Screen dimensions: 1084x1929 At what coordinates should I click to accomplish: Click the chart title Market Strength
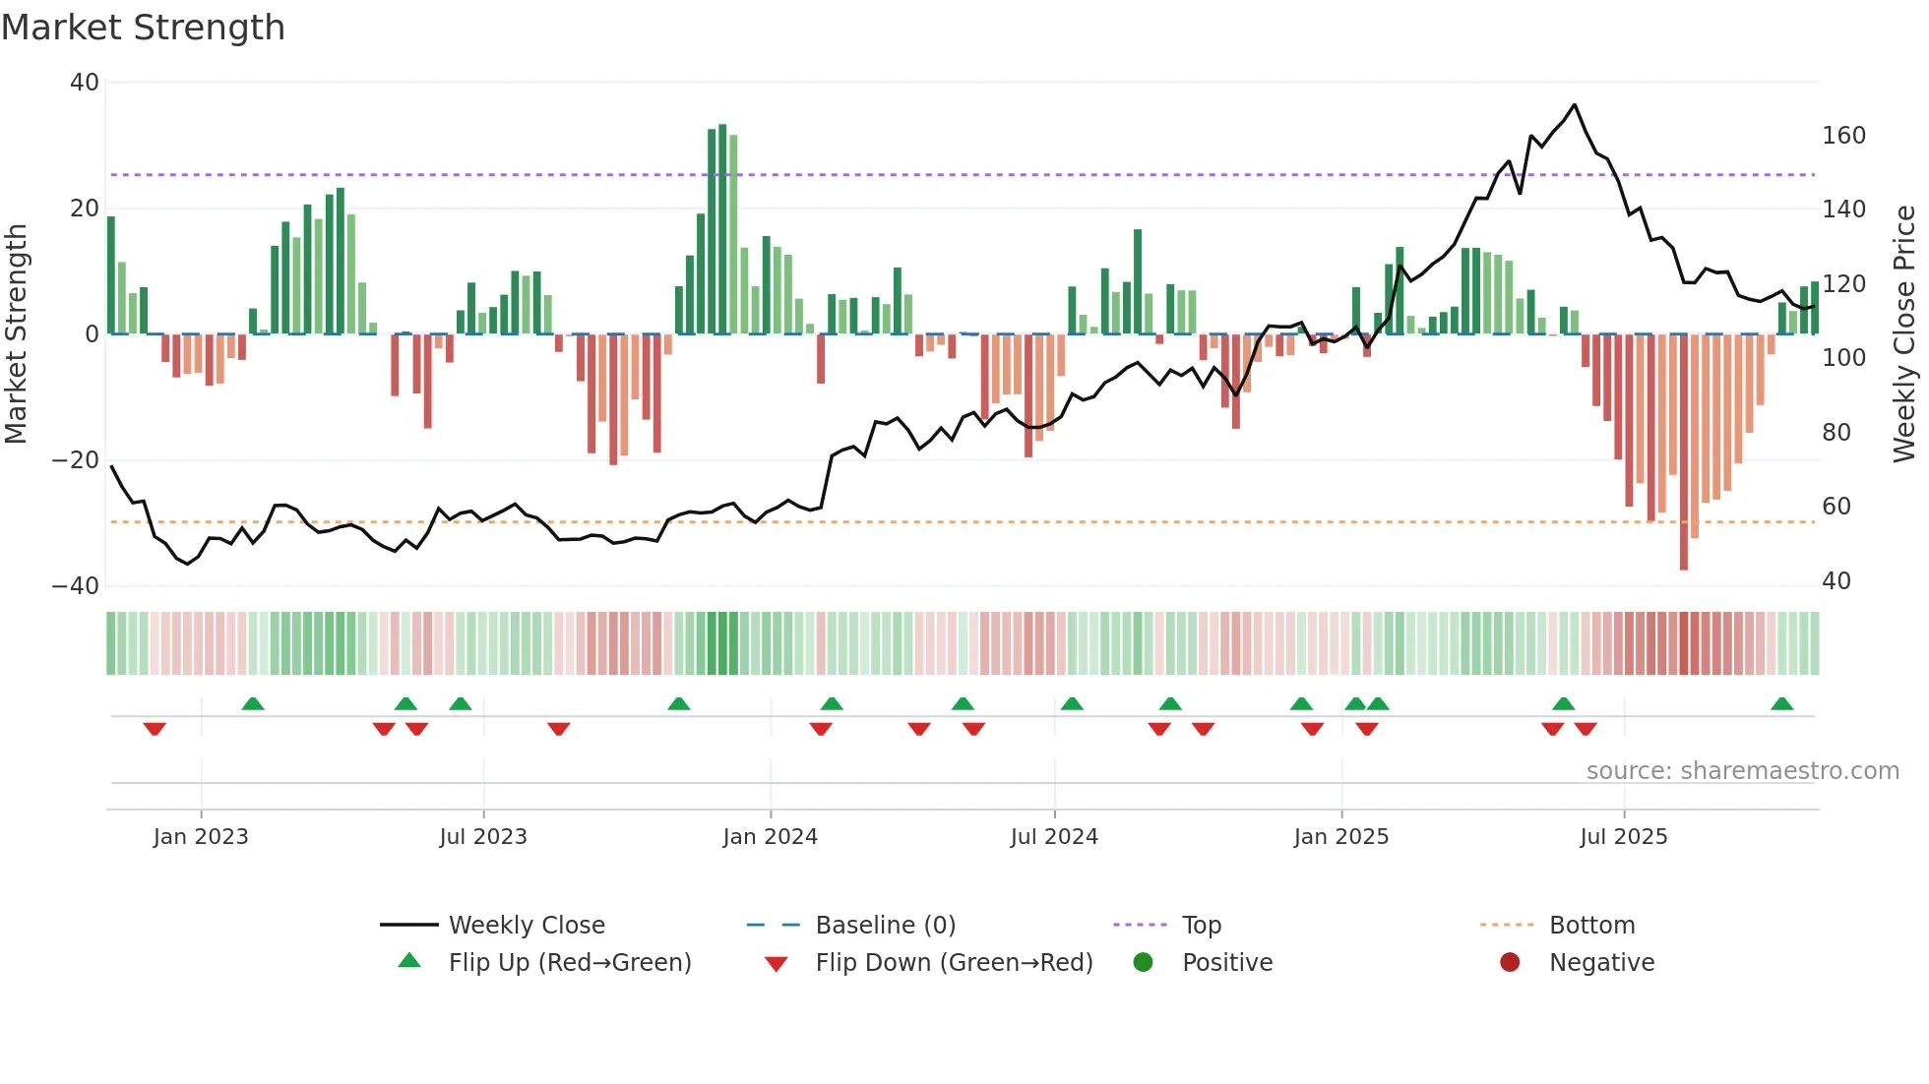pos(143,28)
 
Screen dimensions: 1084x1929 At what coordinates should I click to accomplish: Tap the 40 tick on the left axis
pos(85,83)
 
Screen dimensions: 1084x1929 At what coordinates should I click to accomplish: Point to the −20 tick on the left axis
pos(76,460)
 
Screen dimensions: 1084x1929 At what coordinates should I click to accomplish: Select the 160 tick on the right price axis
pos(1843,136)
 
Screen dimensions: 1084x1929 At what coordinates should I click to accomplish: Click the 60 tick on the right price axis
pos(1836,507)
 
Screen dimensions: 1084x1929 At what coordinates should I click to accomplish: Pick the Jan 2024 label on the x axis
pos(770,837)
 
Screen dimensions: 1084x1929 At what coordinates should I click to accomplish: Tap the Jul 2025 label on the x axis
pos(1623,837)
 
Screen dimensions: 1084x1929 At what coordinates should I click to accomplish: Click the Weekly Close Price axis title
pos(1904,334)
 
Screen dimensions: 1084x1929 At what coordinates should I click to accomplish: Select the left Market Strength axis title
pos(17,334)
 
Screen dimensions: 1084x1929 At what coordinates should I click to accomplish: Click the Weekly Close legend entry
pos(526,926)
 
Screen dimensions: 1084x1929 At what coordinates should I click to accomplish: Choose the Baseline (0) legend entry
pos(885,926)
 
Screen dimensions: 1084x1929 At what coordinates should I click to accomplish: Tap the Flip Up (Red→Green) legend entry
pos(569,963)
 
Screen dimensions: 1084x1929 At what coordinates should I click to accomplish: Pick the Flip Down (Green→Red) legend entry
pos(953,963)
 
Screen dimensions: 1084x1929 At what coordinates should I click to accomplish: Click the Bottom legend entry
pos(1590,926)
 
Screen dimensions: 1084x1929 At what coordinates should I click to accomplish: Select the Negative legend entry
pos(1600,963)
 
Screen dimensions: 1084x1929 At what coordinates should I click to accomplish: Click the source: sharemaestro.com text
pos(1742,771)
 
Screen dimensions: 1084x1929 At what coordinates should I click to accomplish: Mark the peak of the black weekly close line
pos(1575,105)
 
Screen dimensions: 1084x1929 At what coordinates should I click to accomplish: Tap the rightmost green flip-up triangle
pos(1781,704)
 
